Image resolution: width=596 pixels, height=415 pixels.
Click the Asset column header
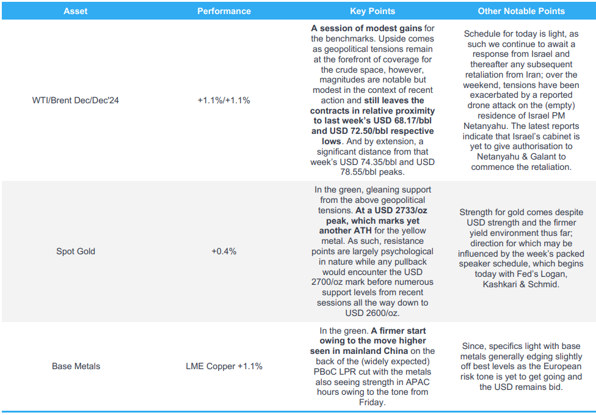coord(76,11)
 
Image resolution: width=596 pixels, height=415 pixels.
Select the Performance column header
coord(224,11)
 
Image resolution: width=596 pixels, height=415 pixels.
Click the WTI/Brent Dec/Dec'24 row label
coord(76,100)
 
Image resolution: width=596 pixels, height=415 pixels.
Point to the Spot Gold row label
coord(76,251)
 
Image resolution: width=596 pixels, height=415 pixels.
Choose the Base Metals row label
coord(76,366)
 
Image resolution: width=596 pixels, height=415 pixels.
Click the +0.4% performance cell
coord(224,251)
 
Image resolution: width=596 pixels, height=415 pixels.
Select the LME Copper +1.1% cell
coord(224,366)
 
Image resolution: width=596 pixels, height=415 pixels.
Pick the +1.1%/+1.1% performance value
coord(224,100)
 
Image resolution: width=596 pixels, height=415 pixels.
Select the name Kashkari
coord(499,285)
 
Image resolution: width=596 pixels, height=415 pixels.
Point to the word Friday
coord(372,402)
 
